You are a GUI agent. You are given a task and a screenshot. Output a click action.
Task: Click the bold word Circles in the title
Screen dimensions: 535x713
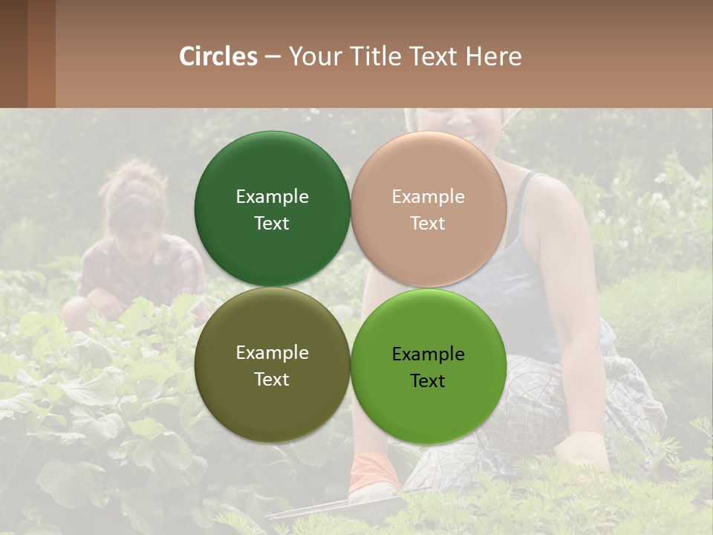[x=218, y=56]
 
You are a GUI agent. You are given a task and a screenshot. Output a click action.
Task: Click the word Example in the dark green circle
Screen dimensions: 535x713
[x=272, y=196]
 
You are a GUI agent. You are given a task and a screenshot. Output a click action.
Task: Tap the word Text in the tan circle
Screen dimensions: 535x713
[x=428, y=223]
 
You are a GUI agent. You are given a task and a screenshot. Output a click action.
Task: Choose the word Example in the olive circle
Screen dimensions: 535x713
[x=272, y=352]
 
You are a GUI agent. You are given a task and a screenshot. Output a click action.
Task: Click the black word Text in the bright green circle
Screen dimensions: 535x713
[x=428, y=380]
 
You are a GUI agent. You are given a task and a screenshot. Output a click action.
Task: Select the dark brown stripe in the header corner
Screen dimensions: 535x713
[x=13, y=53]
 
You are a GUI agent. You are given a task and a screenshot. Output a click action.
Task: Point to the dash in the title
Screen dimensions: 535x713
[x=273, y=56]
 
